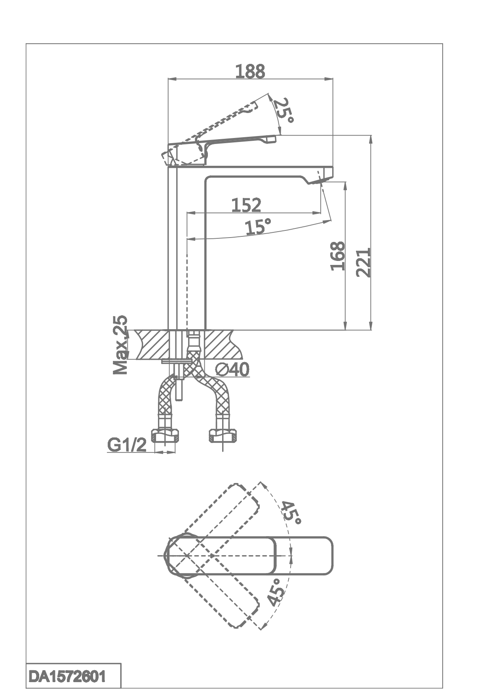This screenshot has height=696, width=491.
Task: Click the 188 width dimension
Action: coord(250,71)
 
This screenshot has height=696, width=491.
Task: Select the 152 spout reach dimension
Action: coord(246,205)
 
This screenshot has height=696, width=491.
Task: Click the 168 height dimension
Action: coord(338,256)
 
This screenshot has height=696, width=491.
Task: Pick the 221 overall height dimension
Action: coord(363,262)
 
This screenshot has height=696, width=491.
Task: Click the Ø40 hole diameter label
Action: coord(232,370)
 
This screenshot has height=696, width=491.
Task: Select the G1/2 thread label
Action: coord(127,445)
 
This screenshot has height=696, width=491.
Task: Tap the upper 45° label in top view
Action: coord(291,512)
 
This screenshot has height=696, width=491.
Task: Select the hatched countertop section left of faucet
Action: coord(152,345)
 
